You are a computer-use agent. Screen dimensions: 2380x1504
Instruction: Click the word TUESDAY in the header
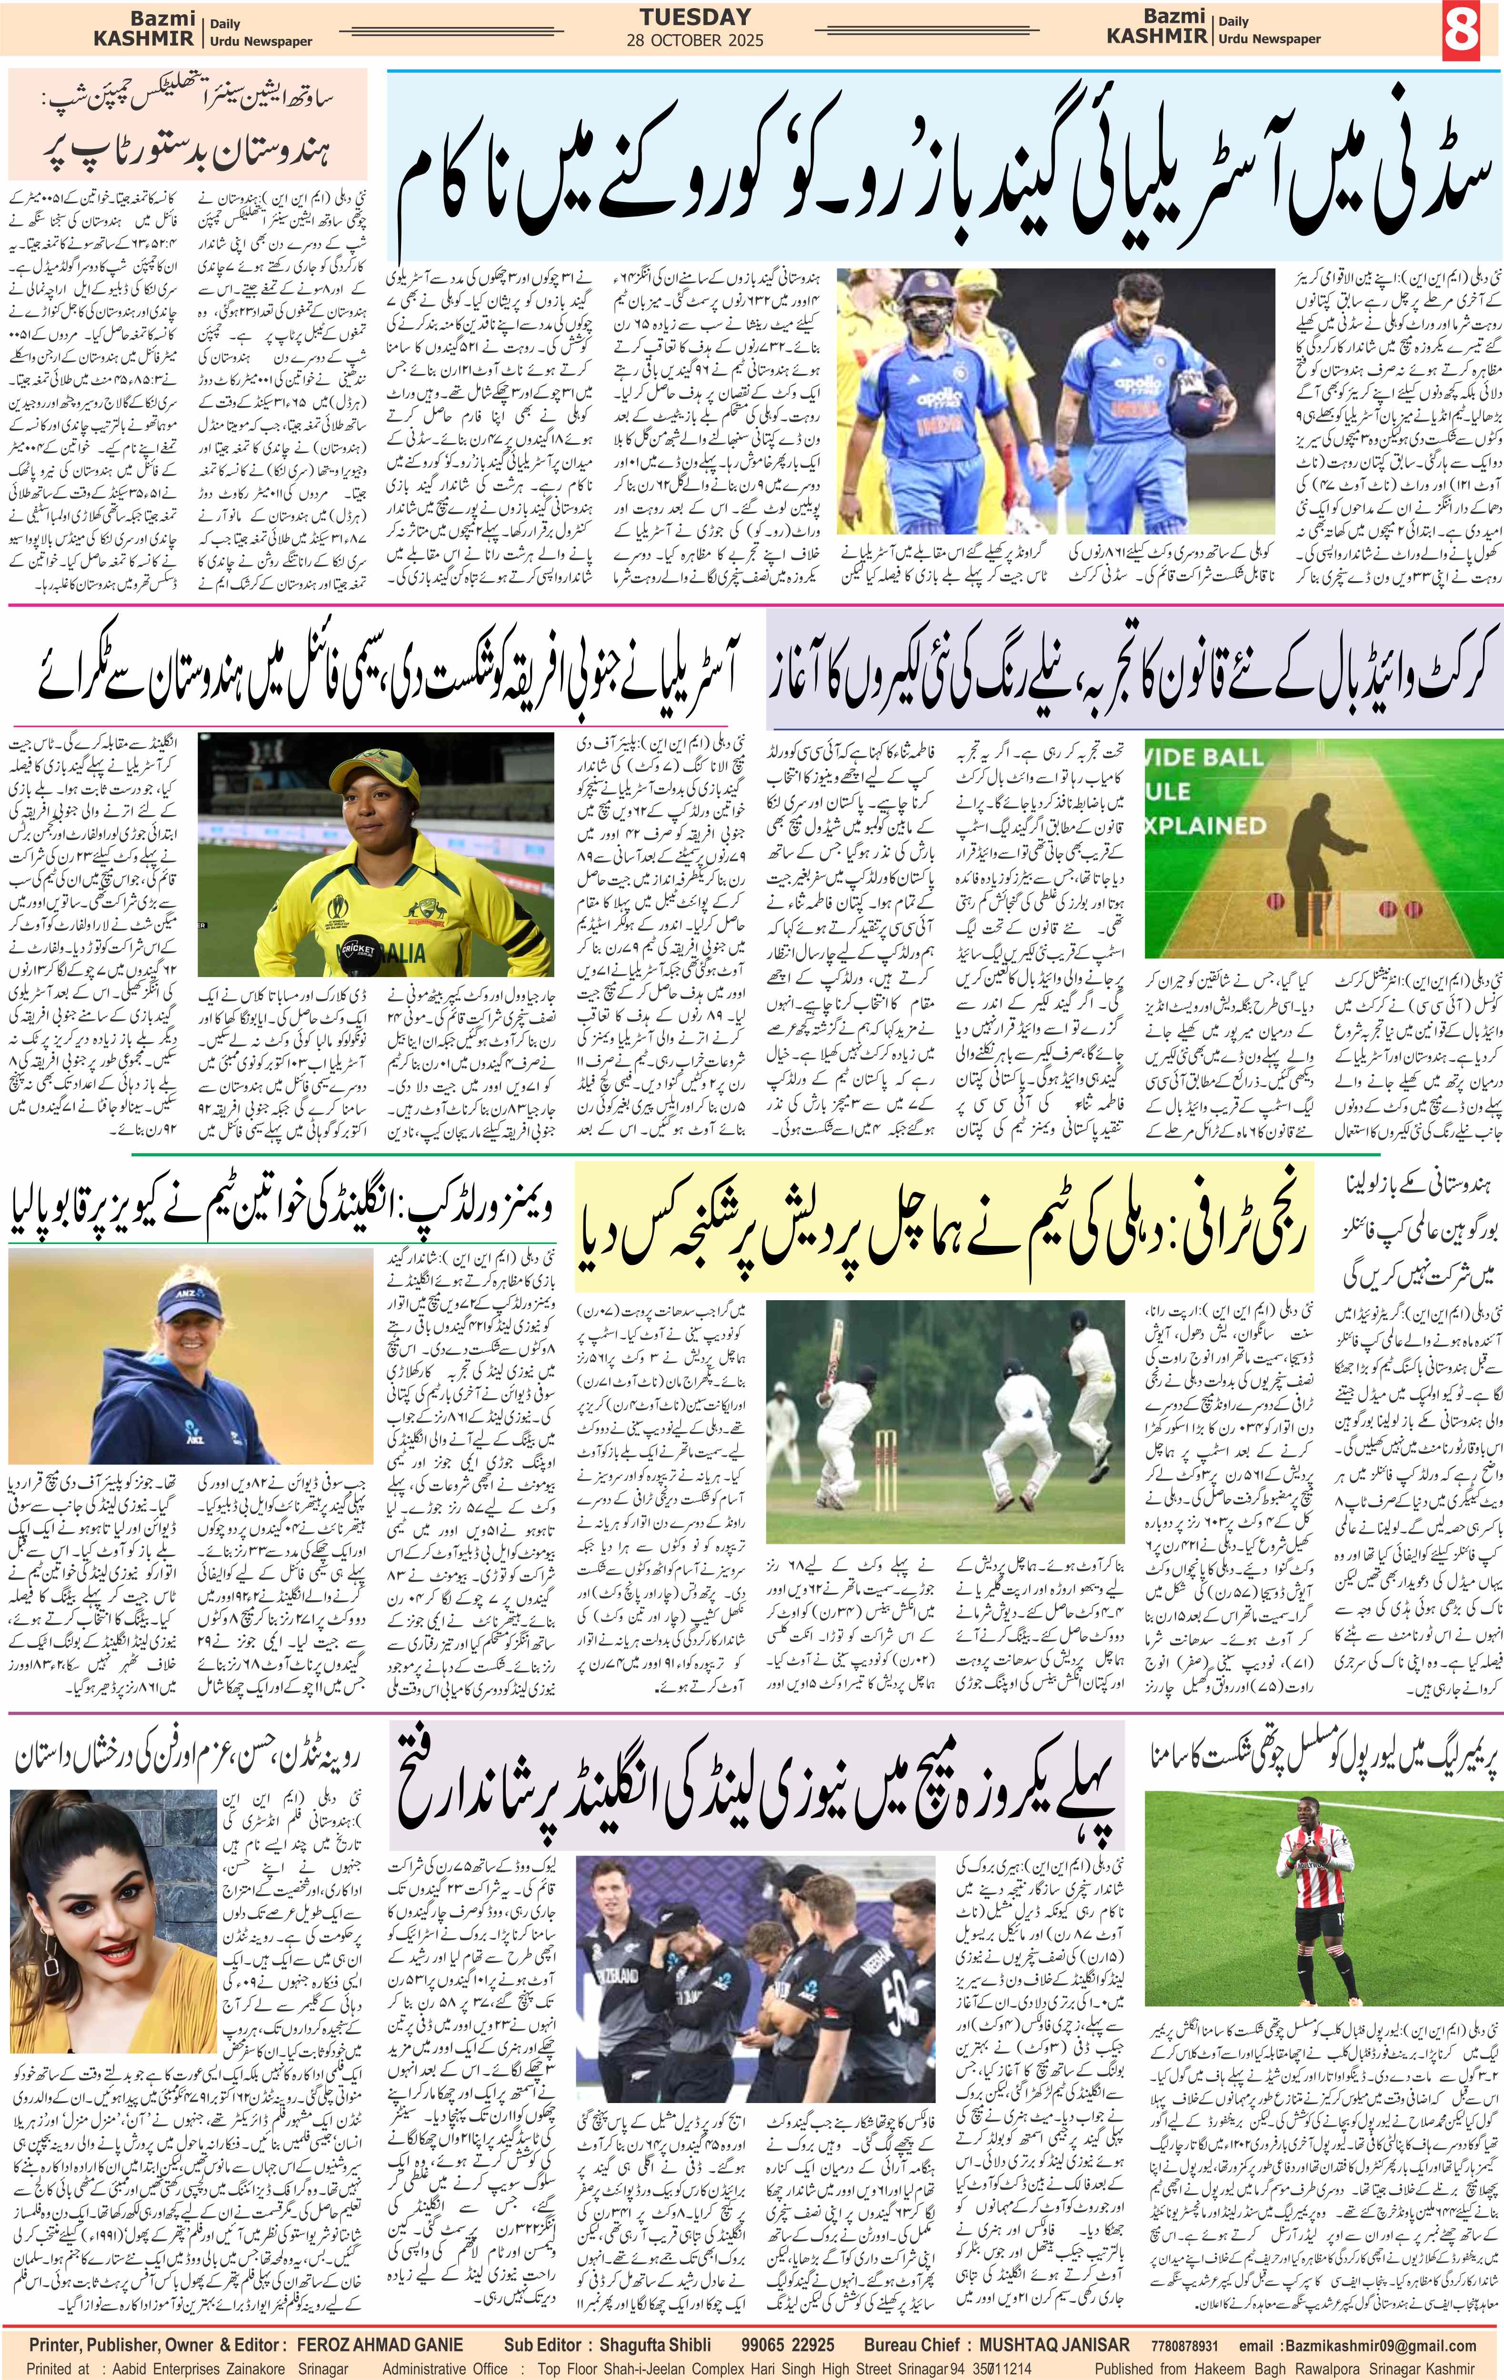[x=695, y=17]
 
